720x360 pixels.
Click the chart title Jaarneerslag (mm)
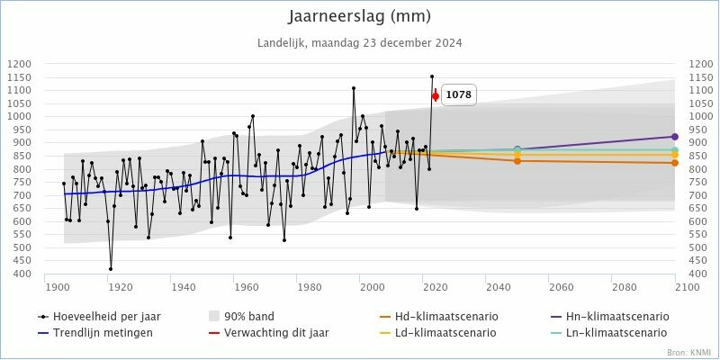click(x=360, y=16)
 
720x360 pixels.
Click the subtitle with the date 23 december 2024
click(x=360, y=42)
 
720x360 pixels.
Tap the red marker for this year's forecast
click(x=436, y=95)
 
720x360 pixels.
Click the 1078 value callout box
click(x=459, y=94)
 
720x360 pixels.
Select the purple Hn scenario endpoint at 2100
click(x=675, y=137)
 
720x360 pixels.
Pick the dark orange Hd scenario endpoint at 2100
click(x=675, y=163)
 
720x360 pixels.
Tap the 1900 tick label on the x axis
click(x=58, y=287)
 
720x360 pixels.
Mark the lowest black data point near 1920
click(x=111, y=269)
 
